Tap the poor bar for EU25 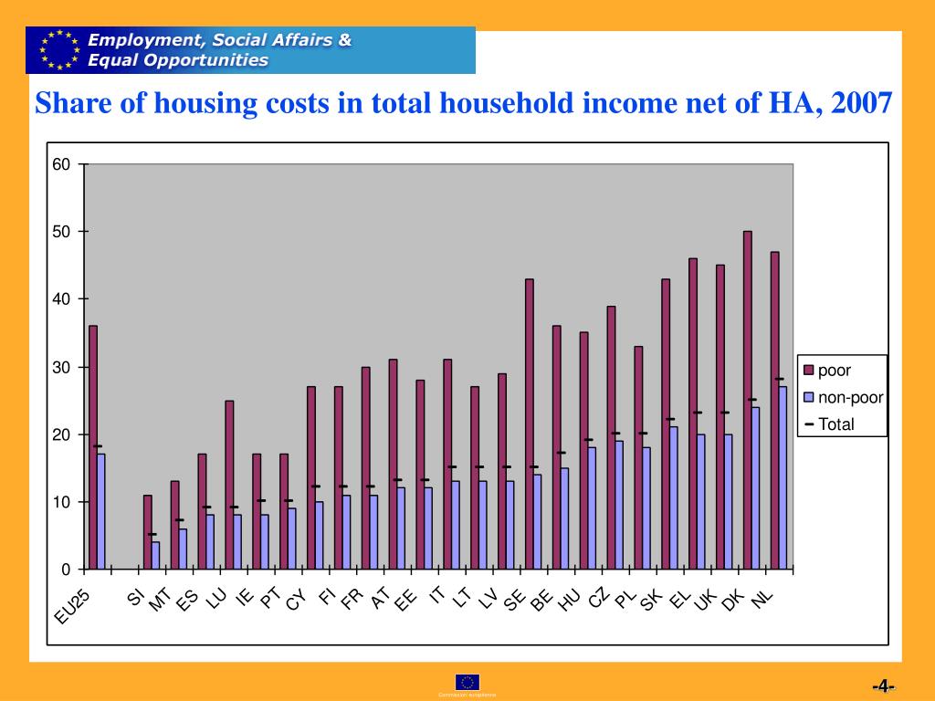93,447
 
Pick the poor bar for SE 530,424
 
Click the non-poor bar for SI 155,555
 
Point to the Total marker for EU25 97,446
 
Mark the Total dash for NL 779,379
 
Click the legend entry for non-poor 843,397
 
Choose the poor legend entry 832,371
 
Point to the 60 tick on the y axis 61,164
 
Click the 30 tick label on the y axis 61,367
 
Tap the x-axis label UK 704,600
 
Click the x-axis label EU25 72,608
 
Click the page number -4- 883,686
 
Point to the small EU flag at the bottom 467,682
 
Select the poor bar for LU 229,485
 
